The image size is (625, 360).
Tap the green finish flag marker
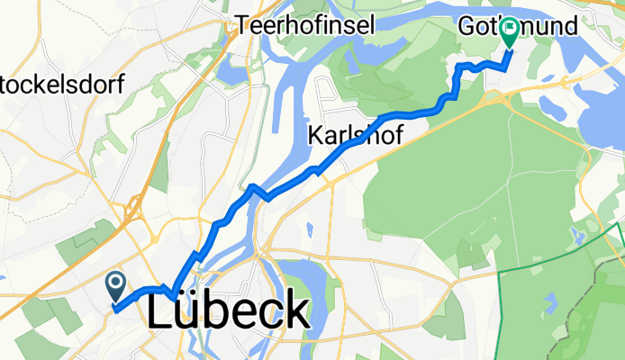[510, 33]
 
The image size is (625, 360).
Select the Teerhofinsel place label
[305, 26]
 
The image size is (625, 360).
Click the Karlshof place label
[354, 136]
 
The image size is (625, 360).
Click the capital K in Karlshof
[315, 136]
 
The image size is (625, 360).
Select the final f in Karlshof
[396, 135]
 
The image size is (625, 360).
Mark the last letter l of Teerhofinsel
[370, 26]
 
